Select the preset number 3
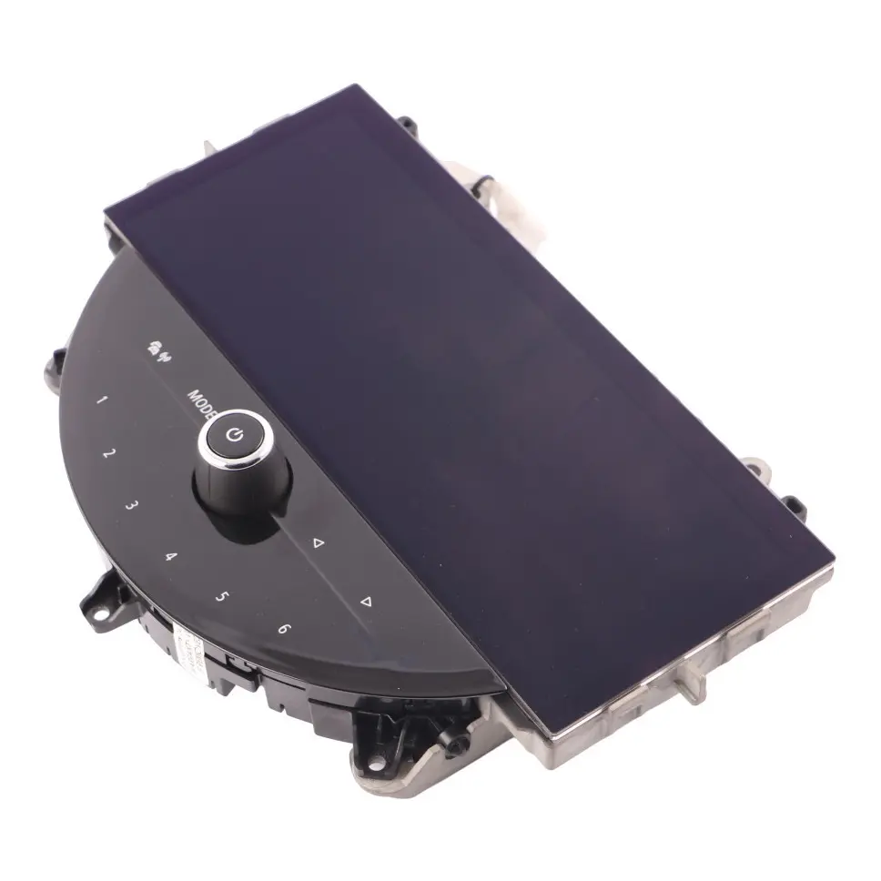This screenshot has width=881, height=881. click(133, 505)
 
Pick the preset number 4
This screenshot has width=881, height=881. click(169, 555)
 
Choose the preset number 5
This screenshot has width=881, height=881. click(221, 597)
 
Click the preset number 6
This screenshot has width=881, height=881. click(284, 629)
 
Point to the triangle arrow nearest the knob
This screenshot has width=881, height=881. click(318, 543)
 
